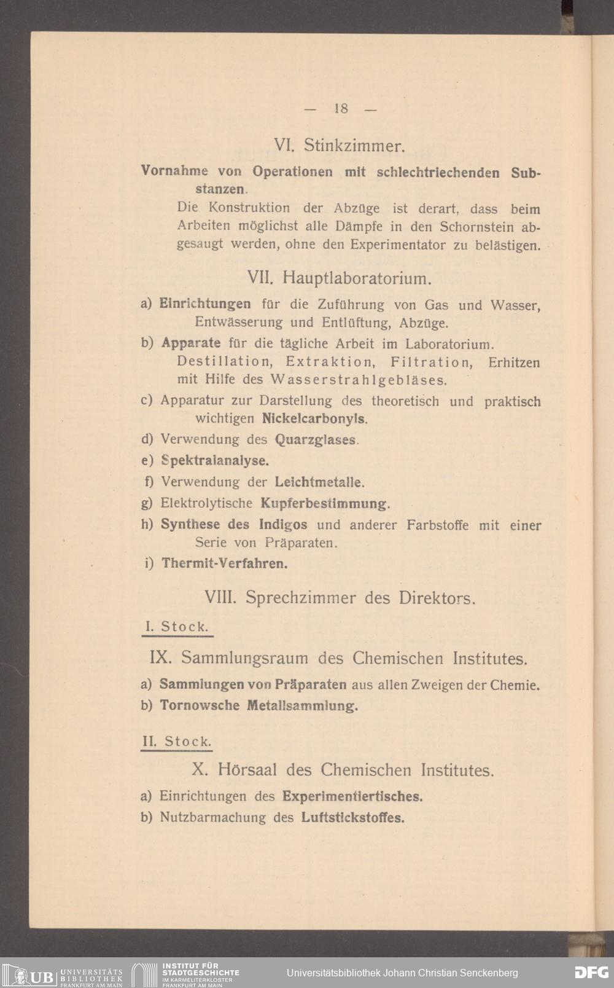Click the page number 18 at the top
[341, 109]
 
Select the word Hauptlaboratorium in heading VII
[359, 278]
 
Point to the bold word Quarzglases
[316, 440]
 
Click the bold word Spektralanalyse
[215, 460]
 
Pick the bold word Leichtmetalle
[320, 482]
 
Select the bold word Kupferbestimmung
[325, 504]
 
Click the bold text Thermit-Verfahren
[224, 563]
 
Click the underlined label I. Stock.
[176, 627]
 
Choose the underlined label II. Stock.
[176, 741]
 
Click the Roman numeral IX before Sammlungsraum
[160, 659]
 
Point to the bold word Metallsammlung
[302, 705]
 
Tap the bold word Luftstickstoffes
[353, 818]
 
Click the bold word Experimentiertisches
[353, 797]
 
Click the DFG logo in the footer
[591, 973]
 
